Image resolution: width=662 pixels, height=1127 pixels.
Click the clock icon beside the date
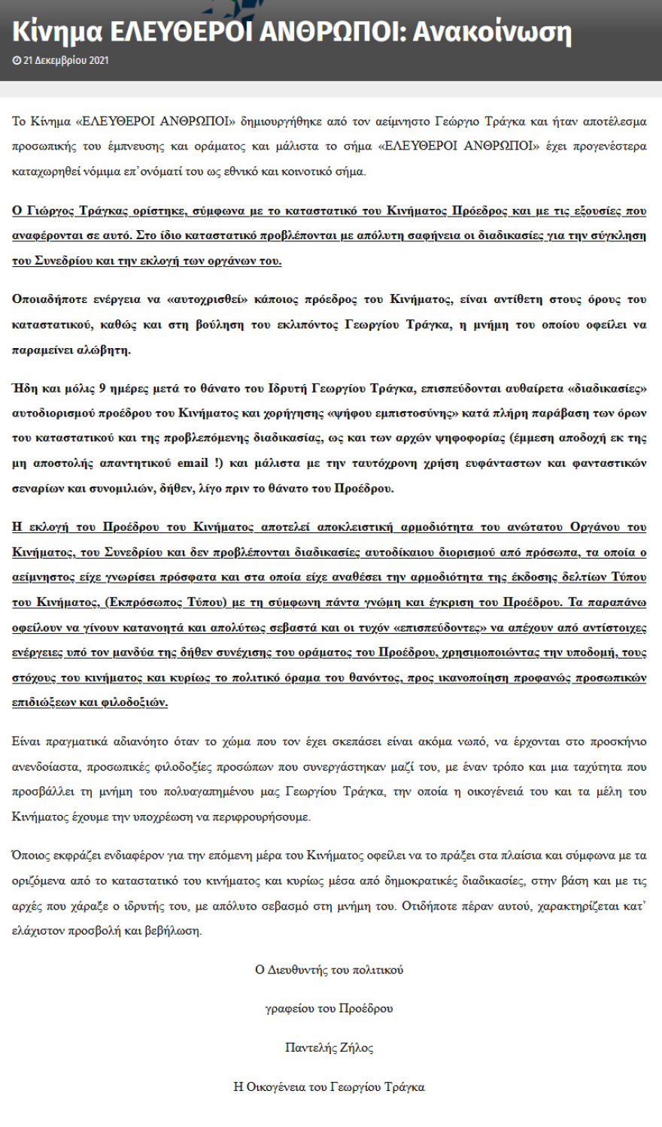click(x=17, y=60)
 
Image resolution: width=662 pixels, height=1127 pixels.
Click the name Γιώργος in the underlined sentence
click(x=50, y=211)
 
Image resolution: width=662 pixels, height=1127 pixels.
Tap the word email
click(x=193, y=462)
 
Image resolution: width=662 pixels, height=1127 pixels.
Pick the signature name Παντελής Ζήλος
click(x=329, y=1047)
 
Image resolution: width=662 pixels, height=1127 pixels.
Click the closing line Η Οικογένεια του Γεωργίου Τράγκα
click(x=329, y=1086)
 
